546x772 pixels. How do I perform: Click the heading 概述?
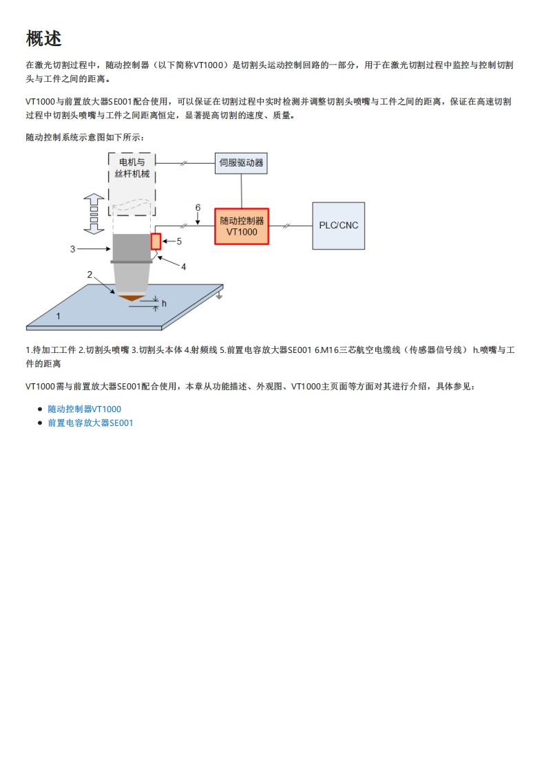(44, 39)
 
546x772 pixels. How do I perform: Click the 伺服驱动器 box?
(241, 164)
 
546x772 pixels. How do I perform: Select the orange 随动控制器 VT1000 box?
(241, 226)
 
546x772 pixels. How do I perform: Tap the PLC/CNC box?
(339, 226)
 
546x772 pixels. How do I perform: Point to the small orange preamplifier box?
(156, 242)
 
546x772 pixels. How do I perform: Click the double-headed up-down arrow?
(93, 213)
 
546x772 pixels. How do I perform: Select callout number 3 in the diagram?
(73, 249)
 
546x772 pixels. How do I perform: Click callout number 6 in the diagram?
(198, 207)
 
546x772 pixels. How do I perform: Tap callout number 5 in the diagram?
(179, 242)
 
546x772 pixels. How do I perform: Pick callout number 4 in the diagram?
(183, 267)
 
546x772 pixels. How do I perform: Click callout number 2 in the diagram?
(90, 275)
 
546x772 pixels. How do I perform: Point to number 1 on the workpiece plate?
(59, 317)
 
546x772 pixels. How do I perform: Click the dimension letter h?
(164, 303)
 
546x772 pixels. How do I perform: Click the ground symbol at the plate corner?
(219, 296)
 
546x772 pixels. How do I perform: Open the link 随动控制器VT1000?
(84, 409)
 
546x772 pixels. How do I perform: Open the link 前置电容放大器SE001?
(90, 423)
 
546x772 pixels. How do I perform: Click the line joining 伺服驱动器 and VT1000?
(241, 191)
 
